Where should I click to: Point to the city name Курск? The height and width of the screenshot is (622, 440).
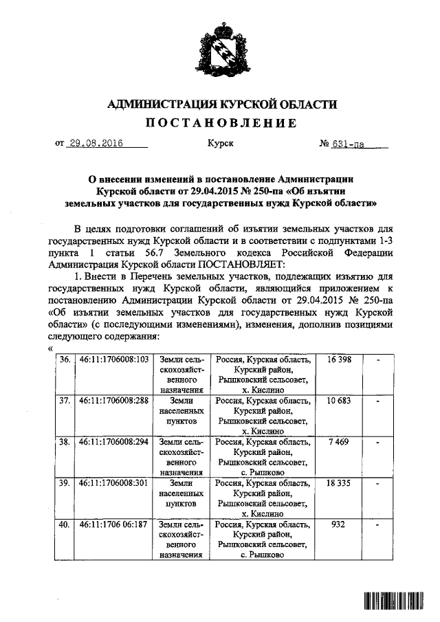(x=220, y=144)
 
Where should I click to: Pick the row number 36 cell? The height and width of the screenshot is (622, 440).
(x=65, y=360)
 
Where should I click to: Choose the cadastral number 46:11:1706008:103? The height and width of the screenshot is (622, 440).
(x=114, y=360)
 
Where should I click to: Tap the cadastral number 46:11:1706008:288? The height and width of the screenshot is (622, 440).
(x=114, y=401)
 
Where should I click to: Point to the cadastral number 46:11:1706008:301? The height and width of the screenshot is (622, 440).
(x=114, y=483)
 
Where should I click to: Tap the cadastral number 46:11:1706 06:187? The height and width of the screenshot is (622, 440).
(x=114, y=524)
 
